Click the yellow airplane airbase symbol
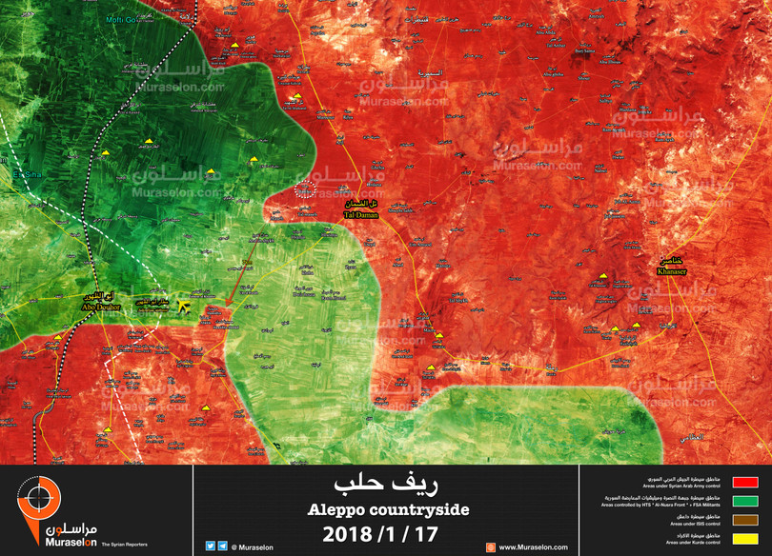(173, 302)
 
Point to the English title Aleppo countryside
(387, 510)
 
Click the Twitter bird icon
(210, 546)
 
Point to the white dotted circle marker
(305, 189)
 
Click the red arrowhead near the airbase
(230, 305)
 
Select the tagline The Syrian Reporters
(124, 545)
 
